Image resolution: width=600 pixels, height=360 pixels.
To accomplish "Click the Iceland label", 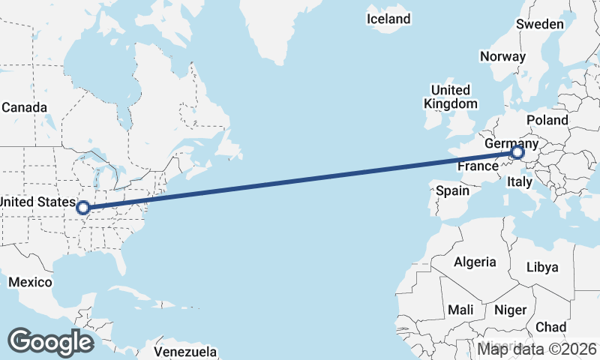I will (388, 19).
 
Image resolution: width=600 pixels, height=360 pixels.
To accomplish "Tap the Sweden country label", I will (539, 25).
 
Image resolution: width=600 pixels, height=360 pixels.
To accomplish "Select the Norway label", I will (502, 56).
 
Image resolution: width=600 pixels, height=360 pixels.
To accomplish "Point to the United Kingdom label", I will (450, 97).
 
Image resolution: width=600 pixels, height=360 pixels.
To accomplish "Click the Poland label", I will (547, 120).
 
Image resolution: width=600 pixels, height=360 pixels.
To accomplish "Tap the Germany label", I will (511, 143).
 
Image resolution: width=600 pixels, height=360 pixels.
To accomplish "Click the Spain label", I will (453, 190).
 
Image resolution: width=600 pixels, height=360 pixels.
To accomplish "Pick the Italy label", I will (520, 182).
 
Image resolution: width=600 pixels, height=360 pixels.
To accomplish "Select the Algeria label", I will (475, 262).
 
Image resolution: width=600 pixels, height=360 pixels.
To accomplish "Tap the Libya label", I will (542, 267).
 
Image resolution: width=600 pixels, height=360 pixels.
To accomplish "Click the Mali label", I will (460, 310).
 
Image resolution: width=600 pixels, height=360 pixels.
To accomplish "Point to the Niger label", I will (511, 310).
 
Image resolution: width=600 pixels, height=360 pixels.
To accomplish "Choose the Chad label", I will (550, 327).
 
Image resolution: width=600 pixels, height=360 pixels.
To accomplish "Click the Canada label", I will (24, 107).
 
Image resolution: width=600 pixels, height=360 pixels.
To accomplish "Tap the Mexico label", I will (30, 282).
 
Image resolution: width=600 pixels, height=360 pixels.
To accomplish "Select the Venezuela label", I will (185, 352).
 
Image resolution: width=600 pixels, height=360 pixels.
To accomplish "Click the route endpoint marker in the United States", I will (83, 208).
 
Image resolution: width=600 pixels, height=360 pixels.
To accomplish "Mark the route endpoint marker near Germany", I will (517, 153).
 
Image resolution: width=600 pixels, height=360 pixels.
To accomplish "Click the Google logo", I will (50, 342).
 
